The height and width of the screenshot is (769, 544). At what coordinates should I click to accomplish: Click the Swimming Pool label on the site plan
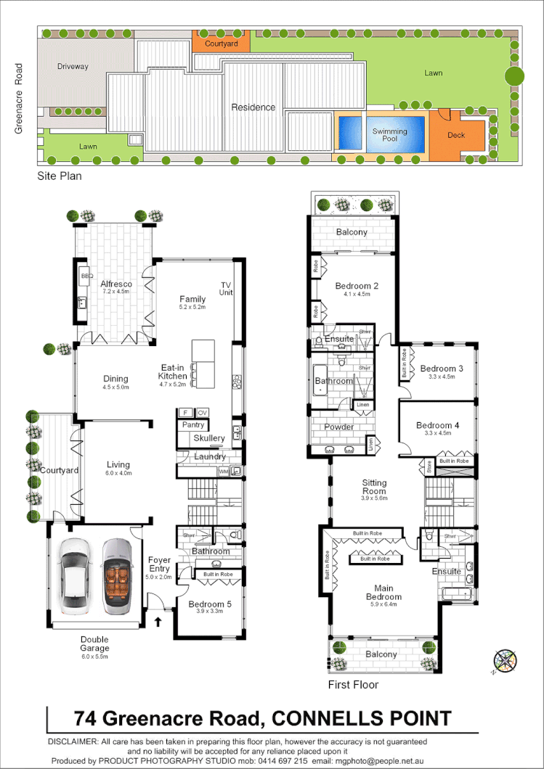(x=389, y=135)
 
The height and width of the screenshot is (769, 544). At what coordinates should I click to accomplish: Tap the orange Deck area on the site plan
(x=456, y=134)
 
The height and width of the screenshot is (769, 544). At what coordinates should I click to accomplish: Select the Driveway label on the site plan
(x=73, y=67)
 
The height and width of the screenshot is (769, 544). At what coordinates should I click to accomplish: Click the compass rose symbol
(x=504, y=661)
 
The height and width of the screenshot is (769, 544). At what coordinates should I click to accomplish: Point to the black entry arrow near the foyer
(x=159, y=621)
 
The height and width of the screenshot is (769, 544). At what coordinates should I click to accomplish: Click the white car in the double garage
(x=76, y=577)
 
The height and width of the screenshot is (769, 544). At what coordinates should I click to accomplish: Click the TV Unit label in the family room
(x=224, y=288)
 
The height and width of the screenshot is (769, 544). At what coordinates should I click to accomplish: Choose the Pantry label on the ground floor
(x=193, y=425)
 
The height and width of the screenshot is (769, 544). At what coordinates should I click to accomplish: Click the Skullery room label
(x=208, y=439)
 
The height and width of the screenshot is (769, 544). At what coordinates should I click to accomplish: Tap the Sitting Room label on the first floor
(x=375, y=487)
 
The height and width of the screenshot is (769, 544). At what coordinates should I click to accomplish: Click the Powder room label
(x=338, y=427)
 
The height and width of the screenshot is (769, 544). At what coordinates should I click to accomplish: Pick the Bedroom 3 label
(x=441, y=369)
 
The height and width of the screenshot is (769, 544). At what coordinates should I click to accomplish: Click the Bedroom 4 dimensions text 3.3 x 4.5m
(x=437, y=433)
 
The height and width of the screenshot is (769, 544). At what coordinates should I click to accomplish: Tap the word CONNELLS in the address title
(x=324, y=719)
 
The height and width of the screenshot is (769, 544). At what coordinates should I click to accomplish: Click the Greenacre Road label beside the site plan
(x=20, y=99)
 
